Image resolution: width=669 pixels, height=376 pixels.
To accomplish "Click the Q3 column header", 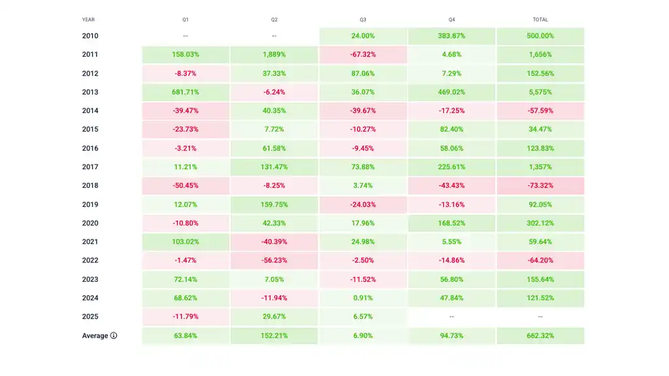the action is (x=363, y=20).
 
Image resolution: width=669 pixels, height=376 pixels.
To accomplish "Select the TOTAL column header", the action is (x=540, y=20).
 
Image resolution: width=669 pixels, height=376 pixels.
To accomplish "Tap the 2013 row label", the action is (x=90, y=92).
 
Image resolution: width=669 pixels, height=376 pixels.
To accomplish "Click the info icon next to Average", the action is (x=114, y=336).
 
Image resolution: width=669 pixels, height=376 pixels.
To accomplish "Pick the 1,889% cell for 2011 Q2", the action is (x=274, y=55).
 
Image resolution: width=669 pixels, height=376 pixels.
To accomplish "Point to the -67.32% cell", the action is (x=363, y=55).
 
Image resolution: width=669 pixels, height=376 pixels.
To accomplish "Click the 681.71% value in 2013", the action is (x=186, y=92).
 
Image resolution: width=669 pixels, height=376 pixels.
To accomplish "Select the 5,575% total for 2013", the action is (x=540, y=92).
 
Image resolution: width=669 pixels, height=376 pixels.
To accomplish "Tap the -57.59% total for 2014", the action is (x=540, y=111).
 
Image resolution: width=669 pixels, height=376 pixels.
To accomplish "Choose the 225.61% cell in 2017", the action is (x=451, y=167).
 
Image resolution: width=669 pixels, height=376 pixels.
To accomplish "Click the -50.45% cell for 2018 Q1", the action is (x=186, y=186).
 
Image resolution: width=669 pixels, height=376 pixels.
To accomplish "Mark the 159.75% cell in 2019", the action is (x=274, y=204).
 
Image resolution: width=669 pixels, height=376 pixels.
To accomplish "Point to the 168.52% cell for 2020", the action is (x=451, y=223).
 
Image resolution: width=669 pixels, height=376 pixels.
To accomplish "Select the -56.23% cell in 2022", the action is (x=274, y=260).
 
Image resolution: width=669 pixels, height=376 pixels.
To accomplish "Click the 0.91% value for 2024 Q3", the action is (x=363, y=298).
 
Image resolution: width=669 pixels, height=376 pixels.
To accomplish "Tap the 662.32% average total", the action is (x=540, y=336).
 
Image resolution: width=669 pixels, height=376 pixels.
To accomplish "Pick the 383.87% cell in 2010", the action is (x=451, y=36).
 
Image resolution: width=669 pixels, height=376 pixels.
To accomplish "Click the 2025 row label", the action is (x=90, y=317).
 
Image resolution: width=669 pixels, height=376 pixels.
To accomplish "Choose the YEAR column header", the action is (x=88, y=20).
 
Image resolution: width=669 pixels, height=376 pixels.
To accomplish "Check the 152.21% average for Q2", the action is (x=274, y=336).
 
